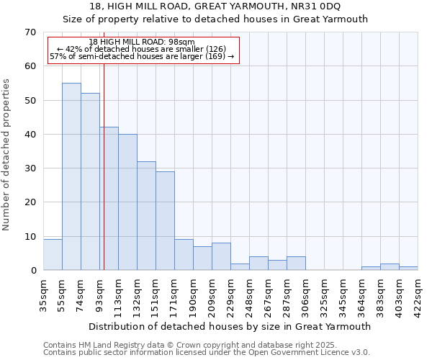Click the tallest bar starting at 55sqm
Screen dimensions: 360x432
(71, 176)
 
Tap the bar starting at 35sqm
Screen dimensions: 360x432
(53, 255)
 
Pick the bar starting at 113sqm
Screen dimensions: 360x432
(127, 202)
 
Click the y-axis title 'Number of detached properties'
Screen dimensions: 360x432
(7, 155)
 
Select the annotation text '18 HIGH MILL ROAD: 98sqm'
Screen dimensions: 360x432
(143, 42)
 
